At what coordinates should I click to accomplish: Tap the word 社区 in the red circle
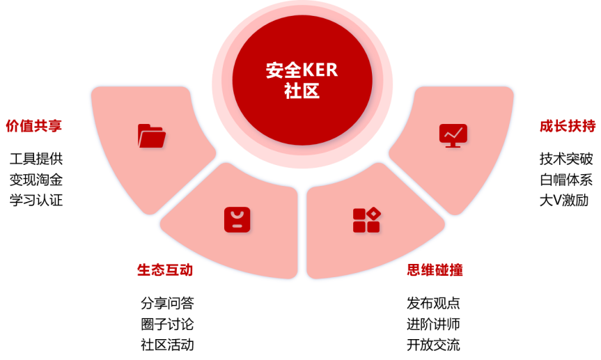(x=302, y=91)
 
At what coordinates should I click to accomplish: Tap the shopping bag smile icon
(x=237, y=219)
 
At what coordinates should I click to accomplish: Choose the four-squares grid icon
(x=366, y=220)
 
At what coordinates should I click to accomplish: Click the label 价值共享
(x=34, y=126)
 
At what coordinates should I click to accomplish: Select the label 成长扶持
(x=567, y=126)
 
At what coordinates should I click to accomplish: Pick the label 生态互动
(x=165, y=270)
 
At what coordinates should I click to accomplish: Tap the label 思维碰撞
(x=435, y=270)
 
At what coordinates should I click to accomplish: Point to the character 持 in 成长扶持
(x=588, y=126)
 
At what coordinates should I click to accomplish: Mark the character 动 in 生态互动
(x=187, y=270)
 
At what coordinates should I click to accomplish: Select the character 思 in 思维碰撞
(x=414, y=270)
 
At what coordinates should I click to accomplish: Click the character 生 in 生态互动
(x=143, y=270)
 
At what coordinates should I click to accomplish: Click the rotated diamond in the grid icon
(x=374, y=212)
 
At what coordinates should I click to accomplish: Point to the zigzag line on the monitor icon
(x=453, y=132)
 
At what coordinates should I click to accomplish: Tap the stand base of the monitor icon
(x=453, y=146)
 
